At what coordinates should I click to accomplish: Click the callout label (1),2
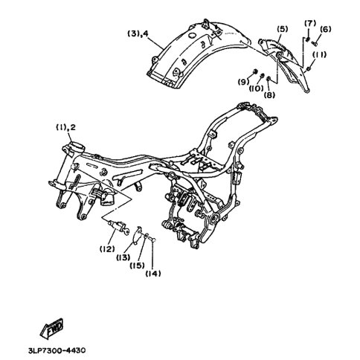tap(65, 127)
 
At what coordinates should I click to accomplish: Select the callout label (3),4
tap(138, 33)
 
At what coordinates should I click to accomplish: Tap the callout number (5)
tap(283, 29)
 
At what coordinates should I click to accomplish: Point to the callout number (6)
tap(325, 29)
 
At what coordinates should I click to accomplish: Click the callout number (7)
tap(310, 23)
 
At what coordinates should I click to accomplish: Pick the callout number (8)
tap(269, 95)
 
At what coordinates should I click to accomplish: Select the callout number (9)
tap(243, 82)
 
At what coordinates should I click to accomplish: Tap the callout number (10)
tap(257, 89)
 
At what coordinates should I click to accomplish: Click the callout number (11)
tap(319, 54)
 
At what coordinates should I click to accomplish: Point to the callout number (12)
tap(107, 248)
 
